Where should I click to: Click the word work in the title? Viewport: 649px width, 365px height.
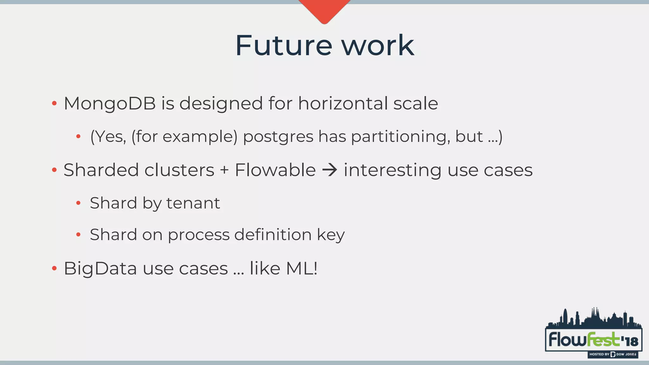tap(377, 46)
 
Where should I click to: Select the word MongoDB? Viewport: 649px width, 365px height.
tap(110, 104)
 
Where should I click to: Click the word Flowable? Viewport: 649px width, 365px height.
tap(275, 170)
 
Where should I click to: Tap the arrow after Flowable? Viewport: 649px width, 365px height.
tap(330, 170)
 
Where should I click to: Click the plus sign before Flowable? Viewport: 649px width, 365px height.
tap(224, 170)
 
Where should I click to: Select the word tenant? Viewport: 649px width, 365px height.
tap(193, 203)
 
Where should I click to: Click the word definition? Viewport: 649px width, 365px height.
tap(273, 235)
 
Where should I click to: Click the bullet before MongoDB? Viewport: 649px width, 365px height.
tap(54, 104)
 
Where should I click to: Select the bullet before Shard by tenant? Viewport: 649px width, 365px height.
tap(78, 203)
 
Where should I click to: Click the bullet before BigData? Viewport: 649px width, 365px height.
tap(54, 269)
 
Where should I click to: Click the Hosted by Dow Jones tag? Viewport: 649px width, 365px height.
tap(613, 354)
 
